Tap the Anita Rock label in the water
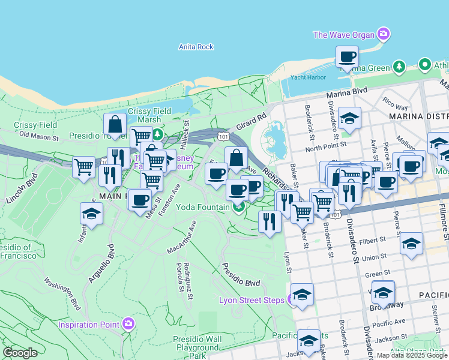pos(196,47)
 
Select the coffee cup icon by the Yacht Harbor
pos(347,58)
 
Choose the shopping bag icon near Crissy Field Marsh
pos(115,125)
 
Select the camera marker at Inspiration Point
pos(128,325)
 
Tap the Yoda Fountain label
pos(202,207)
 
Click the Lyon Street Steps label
pos(252,299)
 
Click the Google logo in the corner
pos(20,352)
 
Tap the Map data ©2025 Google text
pos(411,355)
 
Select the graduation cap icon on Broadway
pos(383,292)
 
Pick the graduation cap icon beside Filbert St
pos(411,244)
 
